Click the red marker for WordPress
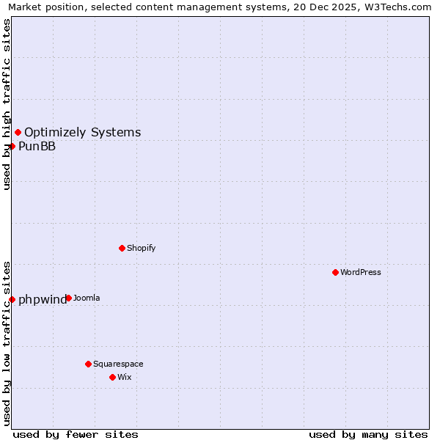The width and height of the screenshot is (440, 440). [335, 272]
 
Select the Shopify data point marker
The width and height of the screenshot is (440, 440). [122, 248]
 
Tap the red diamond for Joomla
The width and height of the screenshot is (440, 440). [68, 298]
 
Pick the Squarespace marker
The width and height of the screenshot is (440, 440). [88, 364]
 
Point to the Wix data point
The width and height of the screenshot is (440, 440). [112, 377]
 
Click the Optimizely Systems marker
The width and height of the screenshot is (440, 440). [18, 132]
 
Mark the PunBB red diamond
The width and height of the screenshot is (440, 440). [12, 146]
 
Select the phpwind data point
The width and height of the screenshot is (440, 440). [12, 299]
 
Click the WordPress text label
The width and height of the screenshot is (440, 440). [361, 272]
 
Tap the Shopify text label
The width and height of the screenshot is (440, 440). [142, 248]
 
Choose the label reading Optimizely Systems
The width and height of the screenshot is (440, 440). [83, 133]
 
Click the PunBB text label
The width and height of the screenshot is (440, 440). [37, 147]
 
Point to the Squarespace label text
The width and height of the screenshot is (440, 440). [118, 364]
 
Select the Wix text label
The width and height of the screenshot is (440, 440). [125, 377]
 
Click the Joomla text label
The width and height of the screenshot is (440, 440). [87, 298]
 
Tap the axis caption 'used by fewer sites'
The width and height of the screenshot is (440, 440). [76, 434]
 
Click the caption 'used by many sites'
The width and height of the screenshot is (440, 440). [368, 434]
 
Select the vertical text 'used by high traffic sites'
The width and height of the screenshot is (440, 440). [7, 104]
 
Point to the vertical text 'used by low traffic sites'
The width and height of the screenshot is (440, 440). [7, 342]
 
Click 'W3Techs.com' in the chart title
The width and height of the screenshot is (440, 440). [397, 7]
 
